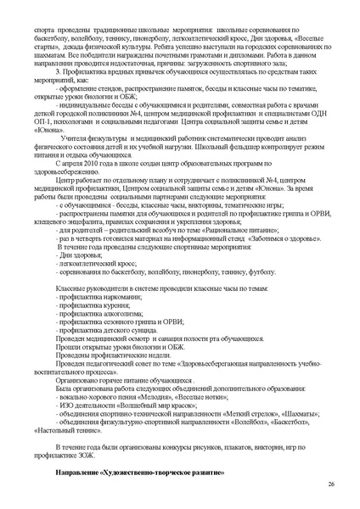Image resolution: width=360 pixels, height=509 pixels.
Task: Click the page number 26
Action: click(329, 484)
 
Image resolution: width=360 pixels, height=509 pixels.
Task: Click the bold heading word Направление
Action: click(76, 469)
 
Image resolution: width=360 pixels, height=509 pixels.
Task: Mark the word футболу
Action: click(263, 273)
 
